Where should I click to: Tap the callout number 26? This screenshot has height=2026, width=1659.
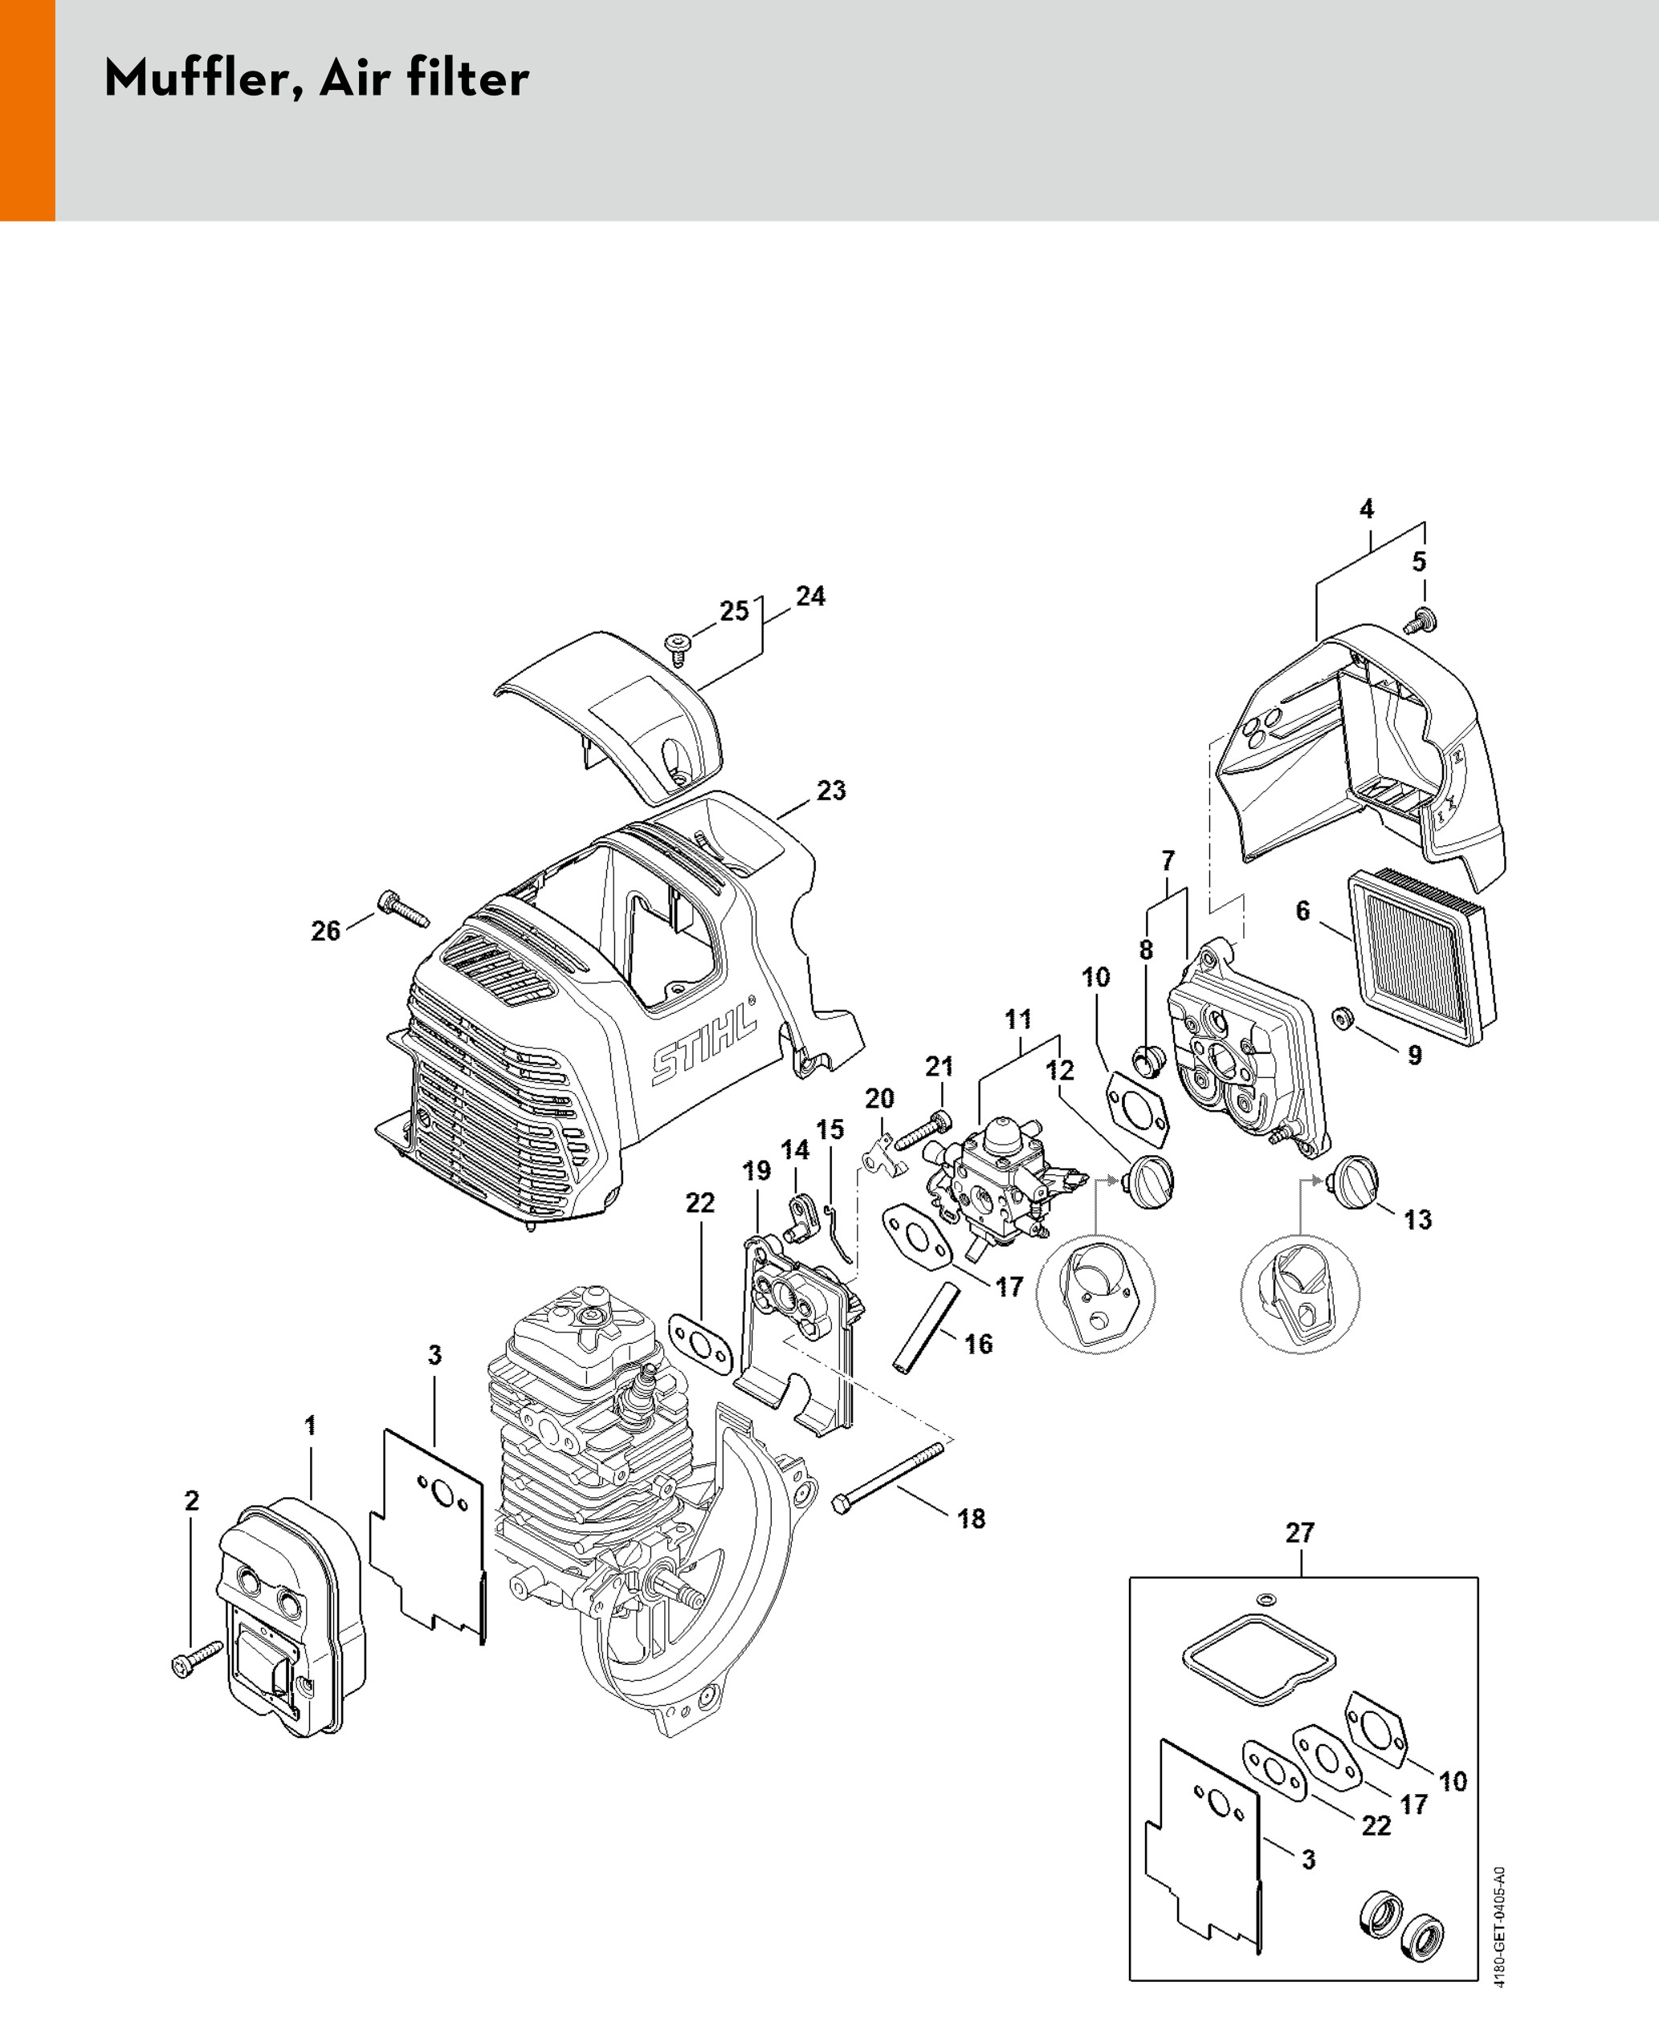click(x=326, y=930)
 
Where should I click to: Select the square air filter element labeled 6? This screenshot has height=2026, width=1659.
click(x=1421, y=958)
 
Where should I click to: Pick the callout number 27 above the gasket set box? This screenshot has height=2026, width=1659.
click(x=1300, y=1533)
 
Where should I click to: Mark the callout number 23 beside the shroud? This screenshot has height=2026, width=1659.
click(x=830, y=791)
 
